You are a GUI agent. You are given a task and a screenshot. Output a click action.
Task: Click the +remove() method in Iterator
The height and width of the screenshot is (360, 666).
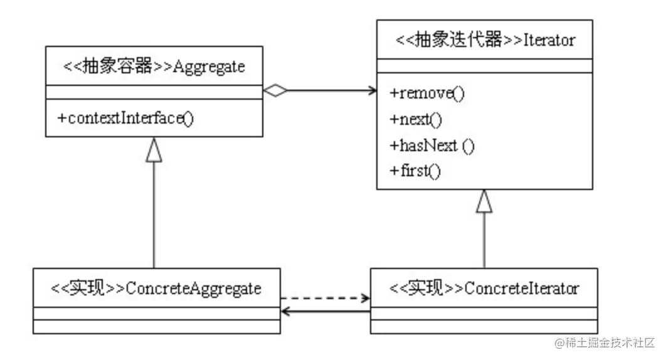click(x=427, y=93)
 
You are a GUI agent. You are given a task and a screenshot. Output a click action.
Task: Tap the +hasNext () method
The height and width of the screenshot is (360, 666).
click(x=432, y=146)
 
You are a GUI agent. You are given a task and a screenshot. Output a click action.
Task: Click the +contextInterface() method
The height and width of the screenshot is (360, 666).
click(x=125, y=118)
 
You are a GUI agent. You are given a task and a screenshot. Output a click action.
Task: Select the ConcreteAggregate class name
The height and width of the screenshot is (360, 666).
click(x=193, y=289)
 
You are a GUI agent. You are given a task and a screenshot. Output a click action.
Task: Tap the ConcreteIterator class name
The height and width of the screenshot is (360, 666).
click(x=521, y=289)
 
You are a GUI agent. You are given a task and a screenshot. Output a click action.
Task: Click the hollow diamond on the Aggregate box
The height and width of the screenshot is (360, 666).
click(x=275, y=91)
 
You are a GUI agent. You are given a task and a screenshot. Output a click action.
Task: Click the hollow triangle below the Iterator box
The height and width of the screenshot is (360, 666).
click(x=484, y=201)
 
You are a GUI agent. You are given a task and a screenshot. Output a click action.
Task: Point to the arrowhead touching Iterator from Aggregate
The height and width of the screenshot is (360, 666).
click(x=371, y=91)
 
